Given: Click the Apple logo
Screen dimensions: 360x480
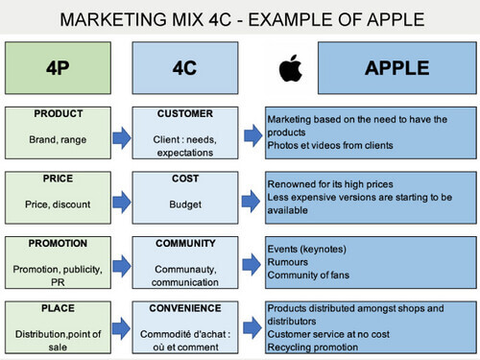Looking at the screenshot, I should pyautogui.click(x=286, y=69).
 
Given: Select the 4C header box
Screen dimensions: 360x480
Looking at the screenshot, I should pyautogui.click(x=185, y=69).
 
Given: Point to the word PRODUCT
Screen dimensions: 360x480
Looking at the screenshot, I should pyautogui.click(x=60, y=113).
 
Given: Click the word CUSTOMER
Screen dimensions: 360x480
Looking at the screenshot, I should pyautogui.click(x=185, y=113).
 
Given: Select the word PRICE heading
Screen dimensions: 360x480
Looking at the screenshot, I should pyautogui.click(x=60, y=179).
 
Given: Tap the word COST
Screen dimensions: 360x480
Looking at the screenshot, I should pyautogui.click(x=185, y=179).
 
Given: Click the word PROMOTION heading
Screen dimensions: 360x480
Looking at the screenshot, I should pyautogui.click(x=60, y=244).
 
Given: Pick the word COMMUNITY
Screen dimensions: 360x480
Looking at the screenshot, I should pyautogui.click(x=185, y=244).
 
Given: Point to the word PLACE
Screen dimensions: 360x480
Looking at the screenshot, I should pyautogui.click(x=60, y=309).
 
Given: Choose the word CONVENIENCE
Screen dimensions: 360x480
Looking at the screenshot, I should pyautogui.click(x=185, y=309).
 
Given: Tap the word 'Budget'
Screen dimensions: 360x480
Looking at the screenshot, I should pyautogui.click(x=185, y=204).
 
